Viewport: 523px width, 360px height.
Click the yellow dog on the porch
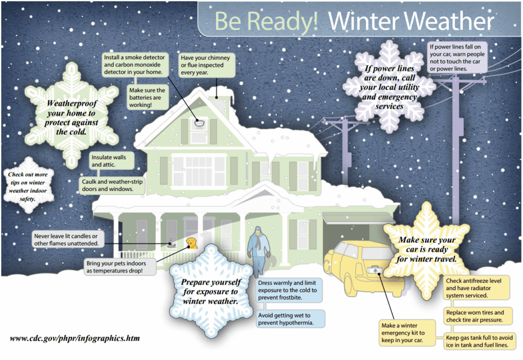coord(191,243)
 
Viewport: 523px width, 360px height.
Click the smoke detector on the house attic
coord(199,122)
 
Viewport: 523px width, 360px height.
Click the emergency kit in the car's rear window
coord(377,269)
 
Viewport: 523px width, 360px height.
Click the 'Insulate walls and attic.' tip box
coord(111,160)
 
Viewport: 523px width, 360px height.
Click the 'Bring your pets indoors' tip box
coord(120,266)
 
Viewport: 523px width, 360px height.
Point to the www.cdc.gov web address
coord(75,338)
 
